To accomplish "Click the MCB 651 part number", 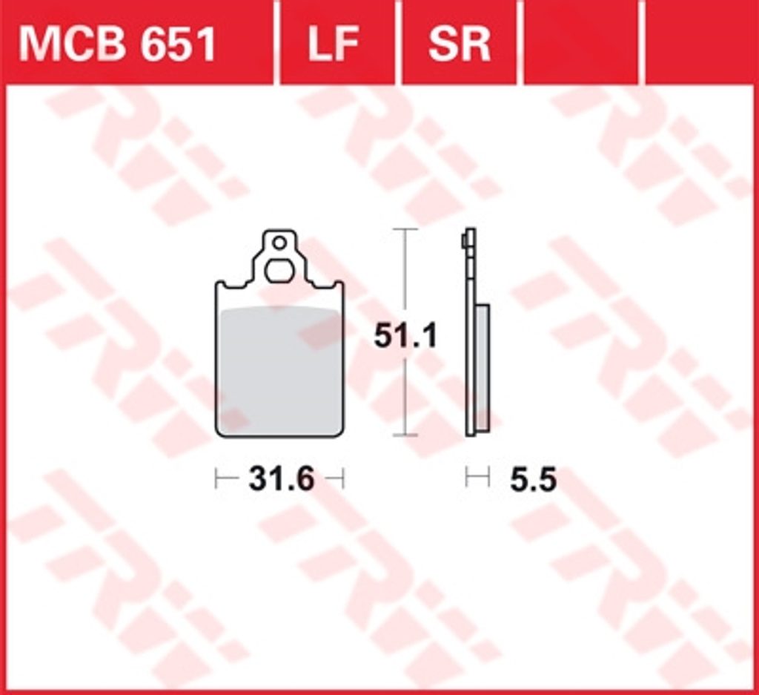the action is click(116, 44).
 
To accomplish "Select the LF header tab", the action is click(334, 44).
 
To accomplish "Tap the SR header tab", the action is click(459, 44).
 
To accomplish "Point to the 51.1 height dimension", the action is click(405, 335).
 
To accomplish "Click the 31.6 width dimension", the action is click(281, 479).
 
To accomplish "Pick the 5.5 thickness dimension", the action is click(533, 479).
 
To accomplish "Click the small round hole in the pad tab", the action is click(279, 243).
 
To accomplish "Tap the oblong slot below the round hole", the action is click(278, 270).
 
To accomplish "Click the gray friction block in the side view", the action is click(483, 366).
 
